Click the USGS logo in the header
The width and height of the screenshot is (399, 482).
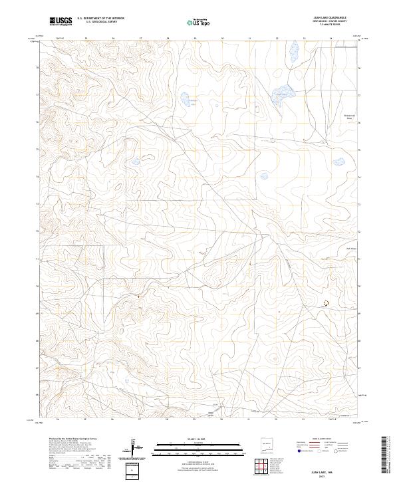click(61, 21)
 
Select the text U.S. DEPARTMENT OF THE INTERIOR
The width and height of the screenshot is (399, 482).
click(100, 18)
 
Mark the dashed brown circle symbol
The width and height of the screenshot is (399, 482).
click(326, 302)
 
